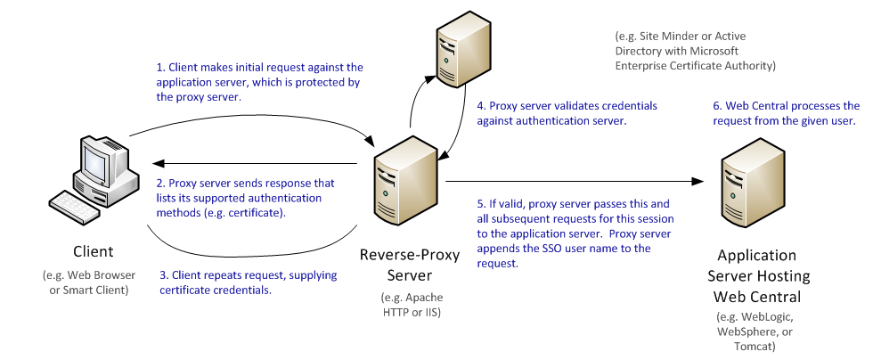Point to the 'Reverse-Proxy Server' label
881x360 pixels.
click(x=410, y=264)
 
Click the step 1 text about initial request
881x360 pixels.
click(x=258, y=82)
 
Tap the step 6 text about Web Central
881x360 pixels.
click(x=786, y=113)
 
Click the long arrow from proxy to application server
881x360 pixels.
click(x=570, y=182)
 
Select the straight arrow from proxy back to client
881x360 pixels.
click(x=258, y=163)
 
